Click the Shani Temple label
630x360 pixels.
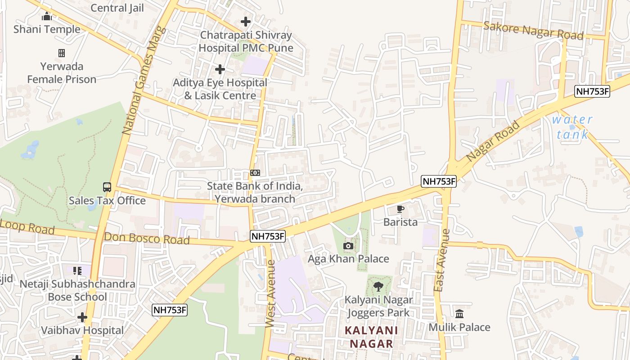click(x=47, y=29)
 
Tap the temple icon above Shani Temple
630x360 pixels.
click(x=47, y=17)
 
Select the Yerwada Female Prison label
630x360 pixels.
click(x=62, y=73)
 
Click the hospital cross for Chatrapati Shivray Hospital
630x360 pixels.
click(x=246, y=21)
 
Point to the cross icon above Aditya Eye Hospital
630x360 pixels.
click(x=220, y=69)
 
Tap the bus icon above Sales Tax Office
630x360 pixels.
click(x=107, y=187)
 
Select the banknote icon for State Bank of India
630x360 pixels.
click(x=255, y=173)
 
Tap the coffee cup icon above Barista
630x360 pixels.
click(x=400, y=209)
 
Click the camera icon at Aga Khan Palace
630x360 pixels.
click(x=348, y=246)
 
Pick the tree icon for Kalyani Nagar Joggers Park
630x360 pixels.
click(x=378, y=286)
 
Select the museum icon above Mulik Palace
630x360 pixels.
click(x=459, y=314)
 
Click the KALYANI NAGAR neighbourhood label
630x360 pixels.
click(x=371, y=337)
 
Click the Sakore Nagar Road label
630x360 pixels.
click(x=533, y=30)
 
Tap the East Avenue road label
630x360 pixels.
click(x=441, y=260)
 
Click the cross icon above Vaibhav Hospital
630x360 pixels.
click(x=82, y=317)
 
